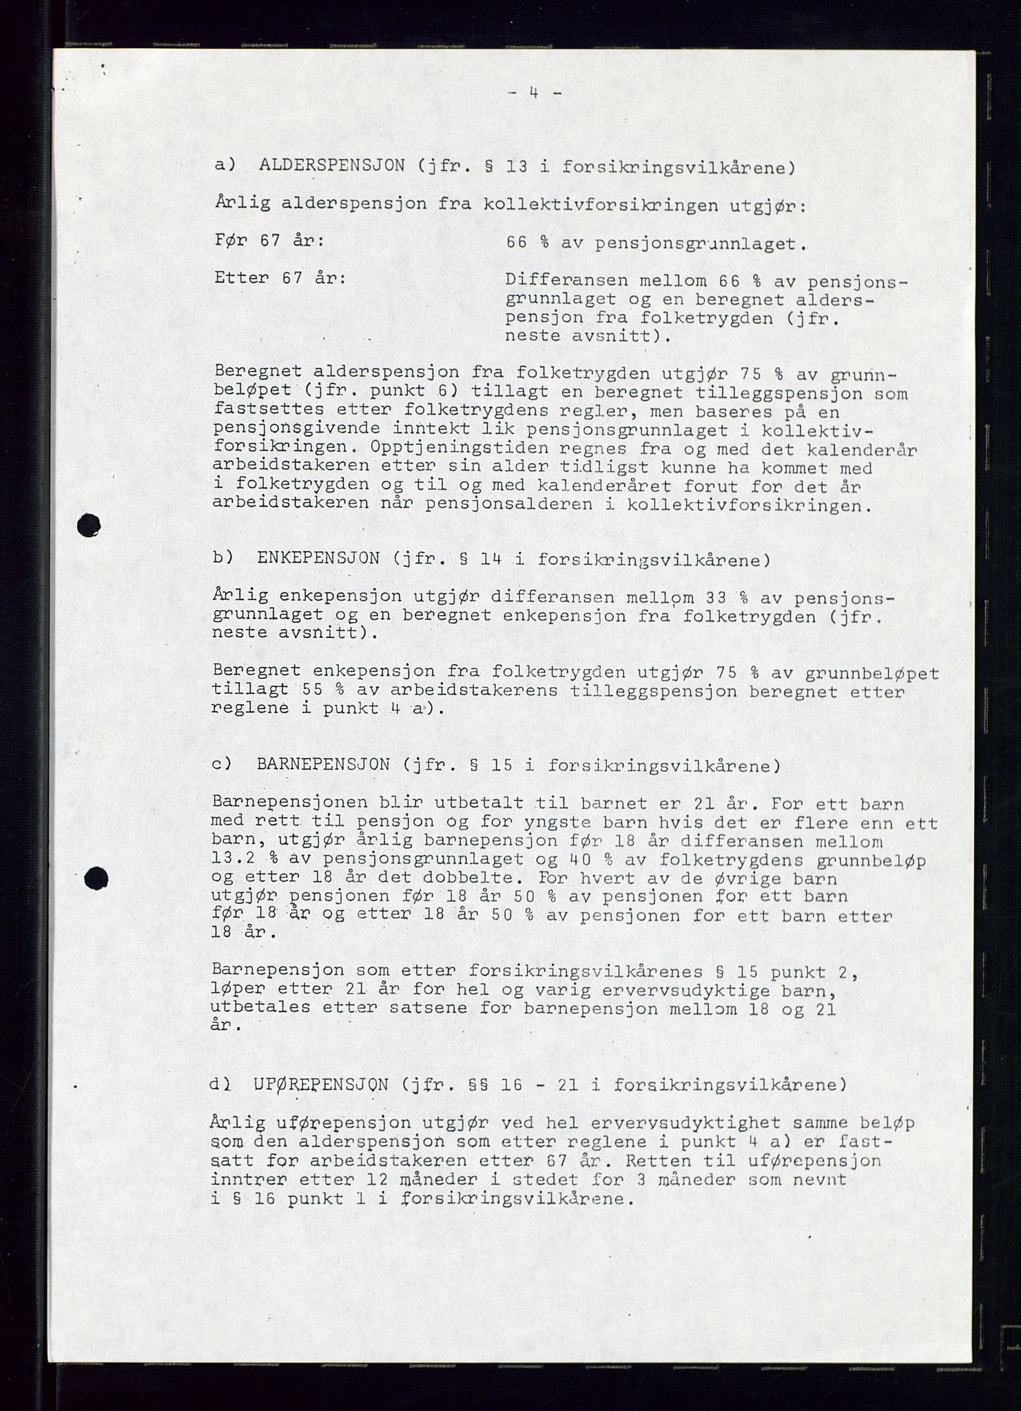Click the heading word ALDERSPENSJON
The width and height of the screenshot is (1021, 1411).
pyautogui.click(x=332, y=166)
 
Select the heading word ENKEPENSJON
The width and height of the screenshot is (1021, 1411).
pyautogui.click(x=318, y=558)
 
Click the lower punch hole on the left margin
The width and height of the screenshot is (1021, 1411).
pyautogui.click(x=96, y=878)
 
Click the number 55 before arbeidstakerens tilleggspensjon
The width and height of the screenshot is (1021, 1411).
pyautogui.click(x=313, y=690)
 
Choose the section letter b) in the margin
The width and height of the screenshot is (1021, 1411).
pyautogui.click(x=223, y=558)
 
